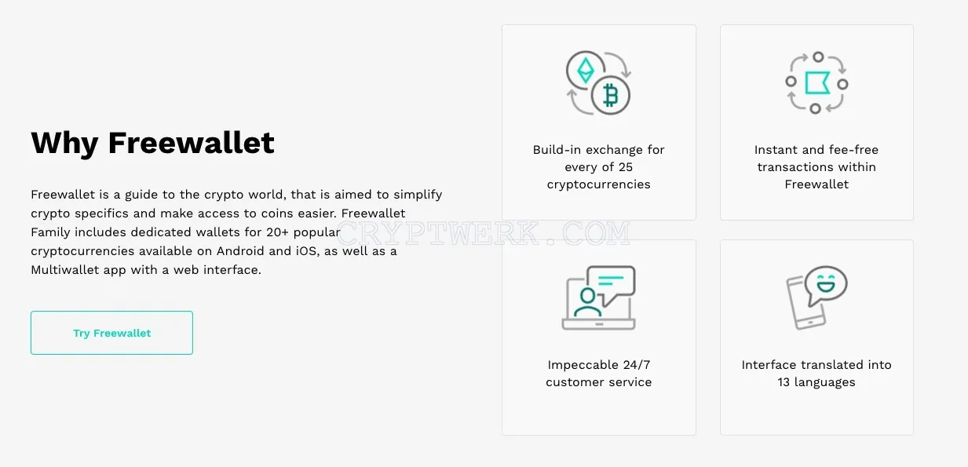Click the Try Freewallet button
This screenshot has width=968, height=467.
click(x=111, y=333)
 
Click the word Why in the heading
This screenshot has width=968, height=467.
click(x=65, y=144)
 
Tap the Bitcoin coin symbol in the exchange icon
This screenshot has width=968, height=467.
click(x=610, y=96)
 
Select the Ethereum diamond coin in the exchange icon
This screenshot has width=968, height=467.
click(x=586, y=70)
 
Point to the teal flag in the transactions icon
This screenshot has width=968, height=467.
click(x=816, y=82)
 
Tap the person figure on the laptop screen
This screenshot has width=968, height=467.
click(x=587, y=302)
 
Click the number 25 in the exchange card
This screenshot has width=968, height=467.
click(x=625, y=167)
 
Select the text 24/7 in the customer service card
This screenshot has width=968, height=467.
click(x=637, y=365)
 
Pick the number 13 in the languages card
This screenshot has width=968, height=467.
click(x=784, y=382)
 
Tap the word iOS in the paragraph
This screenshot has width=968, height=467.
click(x=306, y=251)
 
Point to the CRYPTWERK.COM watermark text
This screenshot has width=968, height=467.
click(x=483, y=233)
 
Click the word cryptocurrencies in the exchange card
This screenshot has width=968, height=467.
click(x=598, y=185)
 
